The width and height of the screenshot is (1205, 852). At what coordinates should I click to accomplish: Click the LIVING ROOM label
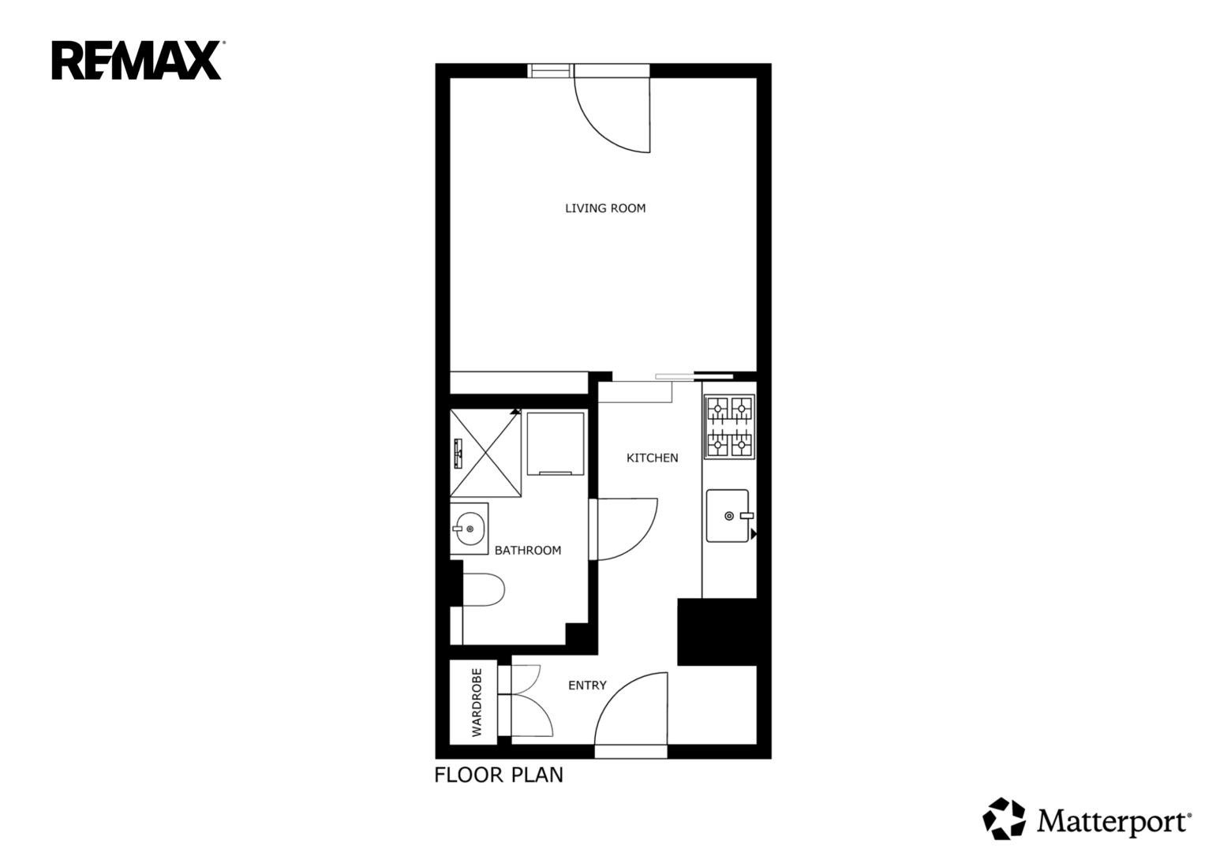point(605,208)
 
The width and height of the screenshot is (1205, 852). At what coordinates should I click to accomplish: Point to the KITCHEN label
point(652,458)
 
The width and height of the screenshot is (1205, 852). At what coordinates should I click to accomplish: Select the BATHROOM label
point(528,551)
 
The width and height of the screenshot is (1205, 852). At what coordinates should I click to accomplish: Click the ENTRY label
point(587,686)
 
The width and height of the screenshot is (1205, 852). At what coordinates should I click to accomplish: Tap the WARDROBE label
point(477,702)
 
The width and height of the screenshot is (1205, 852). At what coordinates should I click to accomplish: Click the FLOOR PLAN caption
point(499,775)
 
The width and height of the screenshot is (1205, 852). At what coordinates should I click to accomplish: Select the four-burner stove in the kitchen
point(729,427)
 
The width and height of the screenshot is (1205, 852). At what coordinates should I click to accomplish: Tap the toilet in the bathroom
point(483,590)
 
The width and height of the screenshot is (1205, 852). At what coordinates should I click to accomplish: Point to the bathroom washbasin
point(469,529)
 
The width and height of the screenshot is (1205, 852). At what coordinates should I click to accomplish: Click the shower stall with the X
point(485,453)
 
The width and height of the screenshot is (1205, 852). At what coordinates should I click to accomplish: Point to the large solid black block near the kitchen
point(717,631)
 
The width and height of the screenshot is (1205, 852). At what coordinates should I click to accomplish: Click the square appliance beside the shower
point(556,443)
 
